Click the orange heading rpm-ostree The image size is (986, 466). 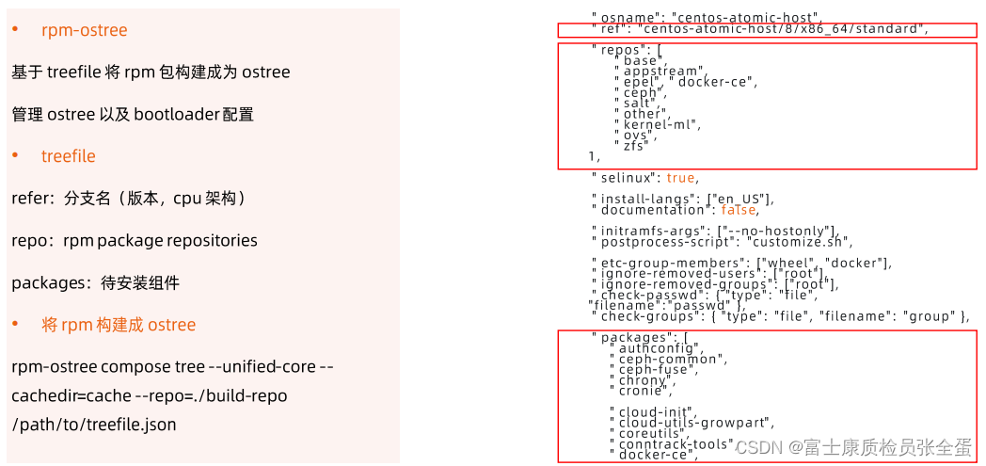84,30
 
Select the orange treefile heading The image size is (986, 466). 68,156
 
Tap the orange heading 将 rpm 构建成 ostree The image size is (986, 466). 119,325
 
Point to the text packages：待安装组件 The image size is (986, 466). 95,282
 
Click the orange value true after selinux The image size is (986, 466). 681,177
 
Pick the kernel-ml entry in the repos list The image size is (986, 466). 662,124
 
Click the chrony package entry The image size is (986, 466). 644,379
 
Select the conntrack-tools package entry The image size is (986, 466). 676,443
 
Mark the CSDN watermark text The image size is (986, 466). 757,446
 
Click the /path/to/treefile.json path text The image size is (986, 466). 94,425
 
